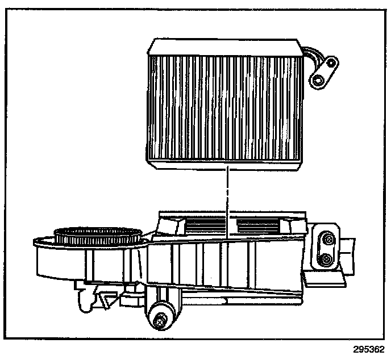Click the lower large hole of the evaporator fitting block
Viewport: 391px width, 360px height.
319,78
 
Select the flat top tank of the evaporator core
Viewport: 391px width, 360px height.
224,45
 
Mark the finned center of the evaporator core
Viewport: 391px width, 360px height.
224,105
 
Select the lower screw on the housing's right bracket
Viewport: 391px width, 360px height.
326,259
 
